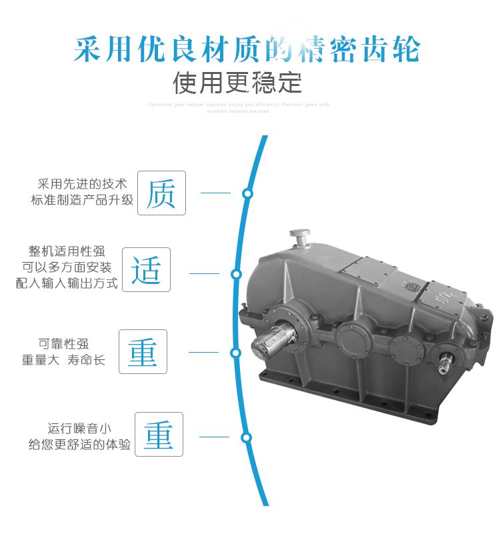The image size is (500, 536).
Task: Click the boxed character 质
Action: click(x=161, y=193)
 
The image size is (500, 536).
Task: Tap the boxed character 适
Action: click(x=146, y=270)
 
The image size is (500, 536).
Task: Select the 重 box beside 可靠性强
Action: click(x=143, y=351)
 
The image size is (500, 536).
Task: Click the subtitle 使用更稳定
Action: click(x=237, y=83)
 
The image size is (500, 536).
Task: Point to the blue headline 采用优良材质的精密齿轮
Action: click(x=247, y=49)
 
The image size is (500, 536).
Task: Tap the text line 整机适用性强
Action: click(x=67, y=251)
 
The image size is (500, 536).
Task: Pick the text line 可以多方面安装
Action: click(x=67, y=267)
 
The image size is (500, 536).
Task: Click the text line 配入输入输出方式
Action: click(x=67, y=283)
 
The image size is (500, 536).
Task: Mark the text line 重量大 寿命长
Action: click(x=63, y=360)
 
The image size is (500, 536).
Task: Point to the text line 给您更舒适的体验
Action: click(x=79, y=445)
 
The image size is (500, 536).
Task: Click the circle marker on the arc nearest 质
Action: click(x=247, y=193)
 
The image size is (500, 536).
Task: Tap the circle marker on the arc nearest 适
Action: click(x=235, y=274)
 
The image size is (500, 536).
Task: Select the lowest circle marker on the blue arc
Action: click(x=246, y=438)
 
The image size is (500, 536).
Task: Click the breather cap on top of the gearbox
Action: click(x=299, y=236)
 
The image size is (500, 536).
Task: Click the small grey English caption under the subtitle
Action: click(x=237, y=107)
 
